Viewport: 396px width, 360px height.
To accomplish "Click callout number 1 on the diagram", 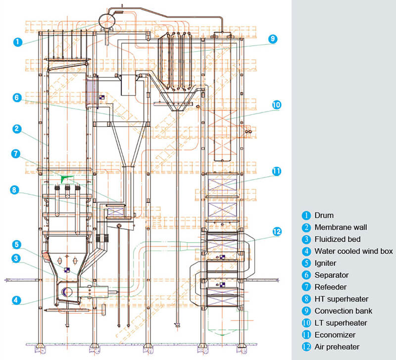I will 17,42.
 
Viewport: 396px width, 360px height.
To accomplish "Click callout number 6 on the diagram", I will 16,98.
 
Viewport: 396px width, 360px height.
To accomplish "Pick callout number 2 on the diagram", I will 16,129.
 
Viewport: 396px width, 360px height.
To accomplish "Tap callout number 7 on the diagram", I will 16,154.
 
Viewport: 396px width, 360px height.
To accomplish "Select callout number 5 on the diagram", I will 16,244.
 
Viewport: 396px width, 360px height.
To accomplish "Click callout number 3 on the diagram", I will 16,257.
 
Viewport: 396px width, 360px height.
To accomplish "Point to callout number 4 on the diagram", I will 16,299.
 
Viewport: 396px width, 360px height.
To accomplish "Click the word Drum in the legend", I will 324,215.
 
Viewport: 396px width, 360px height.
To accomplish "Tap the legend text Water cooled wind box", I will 353,251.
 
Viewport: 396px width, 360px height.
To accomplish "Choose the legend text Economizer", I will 334,335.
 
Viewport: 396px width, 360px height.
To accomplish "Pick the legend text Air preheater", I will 337,347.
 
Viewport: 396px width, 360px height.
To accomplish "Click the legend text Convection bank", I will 343,311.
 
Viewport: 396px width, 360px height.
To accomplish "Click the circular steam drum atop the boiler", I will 106,20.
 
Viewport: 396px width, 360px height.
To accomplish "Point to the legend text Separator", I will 331,275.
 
